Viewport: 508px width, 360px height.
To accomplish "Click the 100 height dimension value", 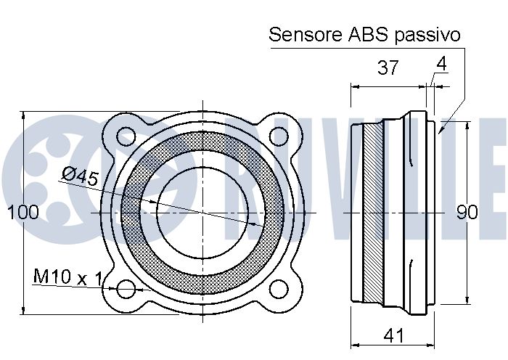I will pos(22,213).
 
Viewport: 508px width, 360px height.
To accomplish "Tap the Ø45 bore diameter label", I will pos(80,177).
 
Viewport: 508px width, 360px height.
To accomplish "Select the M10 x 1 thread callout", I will pos(67,277).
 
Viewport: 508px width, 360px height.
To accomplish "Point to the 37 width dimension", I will pos(388,68).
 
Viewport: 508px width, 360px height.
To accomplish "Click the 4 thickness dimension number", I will pos(441,64).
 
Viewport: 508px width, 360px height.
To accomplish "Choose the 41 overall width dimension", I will pos(393,335).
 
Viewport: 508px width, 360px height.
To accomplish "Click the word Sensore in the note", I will pos(303,34).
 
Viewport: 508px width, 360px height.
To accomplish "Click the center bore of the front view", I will pos(203,212).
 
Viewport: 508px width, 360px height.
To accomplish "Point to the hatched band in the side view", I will pos(372,213).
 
